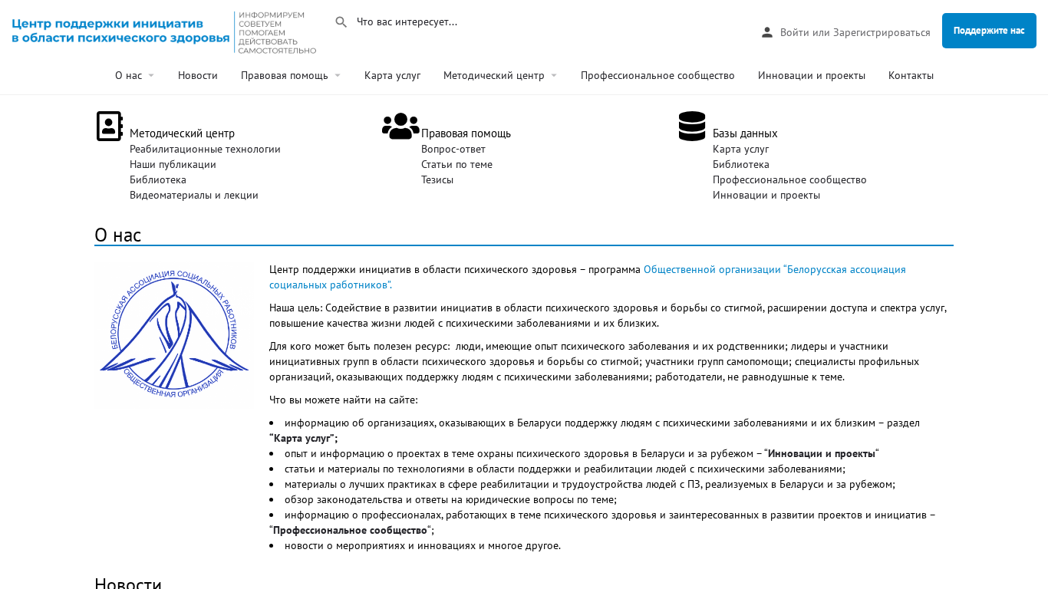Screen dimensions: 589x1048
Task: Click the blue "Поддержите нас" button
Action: pos(989,31)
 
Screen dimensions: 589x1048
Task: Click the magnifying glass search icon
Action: pos(341,22)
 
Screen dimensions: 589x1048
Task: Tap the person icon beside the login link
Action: pos(766,32)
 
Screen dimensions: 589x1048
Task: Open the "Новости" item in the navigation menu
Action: pos(198,75)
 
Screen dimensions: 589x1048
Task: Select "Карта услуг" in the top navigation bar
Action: pos(392,75)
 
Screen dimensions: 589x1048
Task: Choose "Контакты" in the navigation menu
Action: pos(911,75)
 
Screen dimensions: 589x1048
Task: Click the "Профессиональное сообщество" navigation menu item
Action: pos(657,75)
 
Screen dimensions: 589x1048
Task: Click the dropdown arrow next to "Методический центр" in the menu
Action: pos(554,75)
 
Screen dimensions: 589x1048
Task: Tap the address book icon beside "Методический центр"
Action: pos(110,127)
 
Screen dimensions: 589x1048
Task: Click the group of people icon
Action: pos(400,127)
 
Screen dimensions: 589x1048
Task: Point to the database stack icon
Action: pos(691,127)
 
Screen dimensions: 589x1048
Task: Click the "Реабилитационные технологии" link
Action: pos(205,149)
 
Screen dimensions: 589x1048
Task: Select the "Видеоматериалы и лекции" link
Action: pos(194,195)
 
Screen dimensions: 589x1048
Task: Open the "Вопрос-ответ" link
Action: pos(453,149)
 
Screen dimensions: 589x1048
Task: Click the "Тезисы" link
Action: pos(437,179)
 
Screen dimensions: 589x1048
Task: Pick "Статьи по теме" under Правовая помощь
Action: pos(456,164)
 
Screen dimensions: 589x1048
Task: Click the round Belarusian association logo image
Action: pos(174,334)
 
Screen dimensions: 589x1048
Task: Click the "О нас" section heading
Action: pos(118,235)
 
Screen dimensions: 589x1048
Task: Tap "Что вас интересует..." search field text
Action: pos(407,22)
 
